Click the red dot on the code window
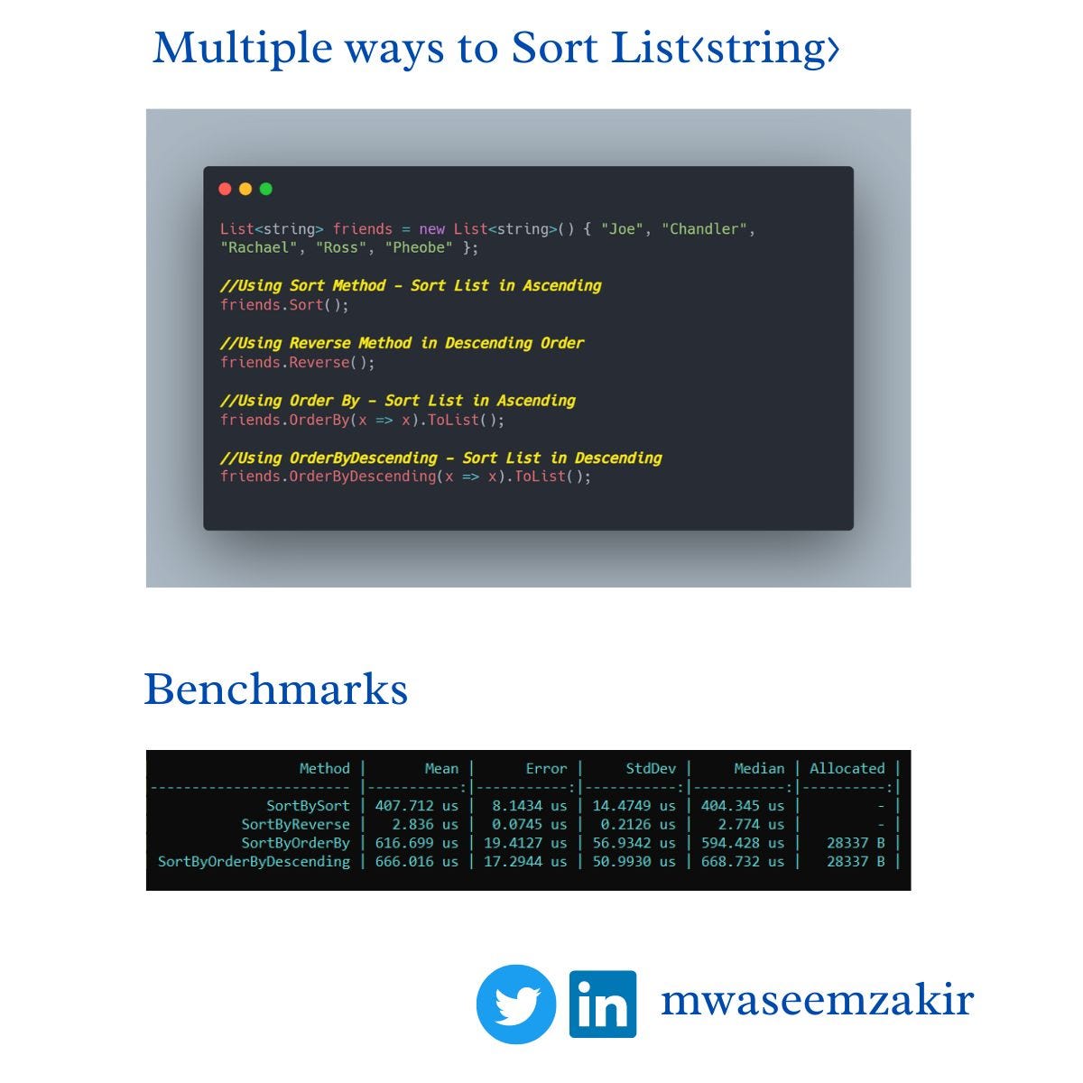(225, 189)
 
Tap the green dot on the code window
(265, 189)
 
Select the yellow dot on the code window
(245, 189)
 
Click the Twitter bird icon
(516, 1004)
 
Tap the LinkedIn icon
(603, 1004)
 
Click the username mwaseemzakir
(817, 1001)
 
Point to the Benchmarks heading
(276, 690)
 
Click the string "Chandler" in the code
(704, 229)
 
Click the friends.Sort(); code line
(284, 305)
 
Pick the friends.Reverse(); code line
(297, 363)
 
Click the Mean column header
(441, 769)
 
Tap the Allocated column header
(847, 769)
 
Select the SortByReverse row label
(295, 825)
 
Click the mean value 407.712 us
(416, 806)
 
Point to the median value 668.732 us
(743, 862)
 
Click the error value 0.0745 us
(529, 825)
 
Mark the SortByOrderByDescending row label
(254, 862)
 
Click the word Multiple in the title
(229, 48)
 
